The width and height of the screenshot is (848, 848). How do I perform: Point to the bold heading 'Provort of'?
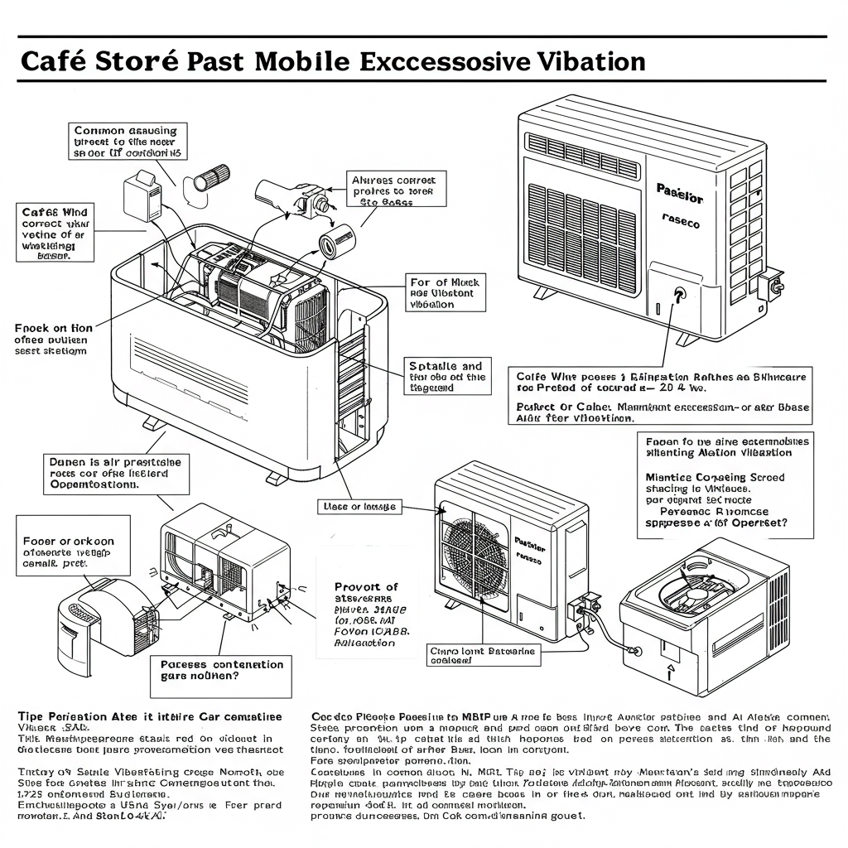366,586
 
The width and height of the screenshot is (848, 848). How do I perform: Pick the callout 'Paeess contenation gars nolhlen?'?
221,670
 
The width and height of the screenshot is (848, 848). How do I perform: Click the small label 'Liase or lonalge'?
357,506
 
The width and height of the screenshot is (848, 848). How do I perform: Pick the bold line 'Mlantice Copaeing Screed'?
714,477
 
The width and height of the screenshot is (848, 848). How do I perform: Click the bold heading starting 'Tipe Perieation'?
150,715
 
